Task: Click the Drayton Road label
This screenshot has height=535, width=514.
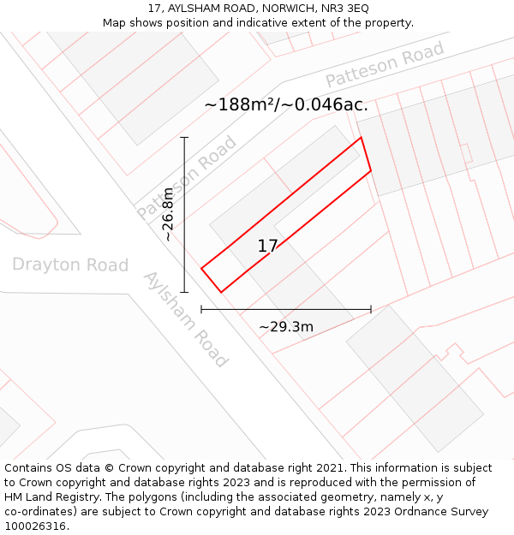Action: [70, 265]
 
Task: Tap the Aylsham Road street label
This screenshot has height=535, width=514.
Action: [185, 319]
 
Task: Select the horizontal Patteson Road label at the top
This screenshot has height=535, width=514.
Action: [385, 65]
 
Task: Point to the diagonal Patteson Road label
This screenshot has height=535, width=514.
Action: [187, 177]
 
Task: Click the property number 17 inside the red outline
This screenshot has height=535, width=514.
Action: [267, 247]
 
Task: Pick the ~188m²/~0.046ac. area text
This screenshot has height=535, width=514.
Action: [286, 105]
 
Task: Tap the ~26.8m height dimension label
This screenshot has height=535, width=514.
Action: [169, 215]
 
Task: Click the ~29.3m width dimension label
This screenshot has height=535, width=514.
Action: [286, 327]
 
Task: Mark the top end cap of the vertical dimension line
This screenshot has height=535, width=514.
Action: [184, 137]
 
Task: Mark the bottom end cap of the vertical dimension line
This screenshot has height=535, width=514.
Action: [184, 293]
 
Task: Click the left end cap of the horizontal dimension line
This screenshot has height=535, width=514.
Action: [201, 309]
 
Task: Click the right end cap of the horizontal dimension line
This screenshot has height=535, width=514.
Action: [371, 309]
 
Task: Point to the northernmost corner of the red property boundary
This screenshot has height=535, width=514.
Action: [361, 137]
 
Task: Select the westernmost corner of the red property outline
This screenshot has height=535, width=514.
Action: [201, 269]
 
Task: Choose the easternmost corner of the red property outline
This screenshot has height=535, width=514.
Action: [371, 170]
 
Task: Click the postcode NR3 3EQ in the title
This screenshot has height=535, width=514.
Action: [344, 9]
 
